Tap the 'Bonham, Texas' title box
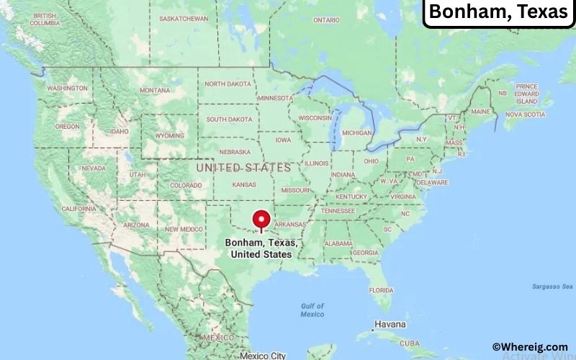coord(498,13)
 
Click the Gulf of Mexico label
coord(312,310)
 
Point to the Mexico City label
coord(263,355)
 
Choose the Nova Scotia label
coord(525,114)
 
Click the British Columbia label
coord(44,19)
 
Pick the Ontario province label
coord(326,20)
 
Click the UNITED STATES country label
coord(244,167)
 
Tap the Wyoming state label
coord(169,135)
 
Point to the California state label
coord(78,208)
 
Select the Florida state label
coord(381,289)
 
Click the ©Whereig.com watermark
coord(529,347)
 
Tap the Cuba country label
coord(409,343)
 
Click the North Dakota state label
coord(228,84)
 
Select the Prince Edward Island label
coord(527,93)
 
